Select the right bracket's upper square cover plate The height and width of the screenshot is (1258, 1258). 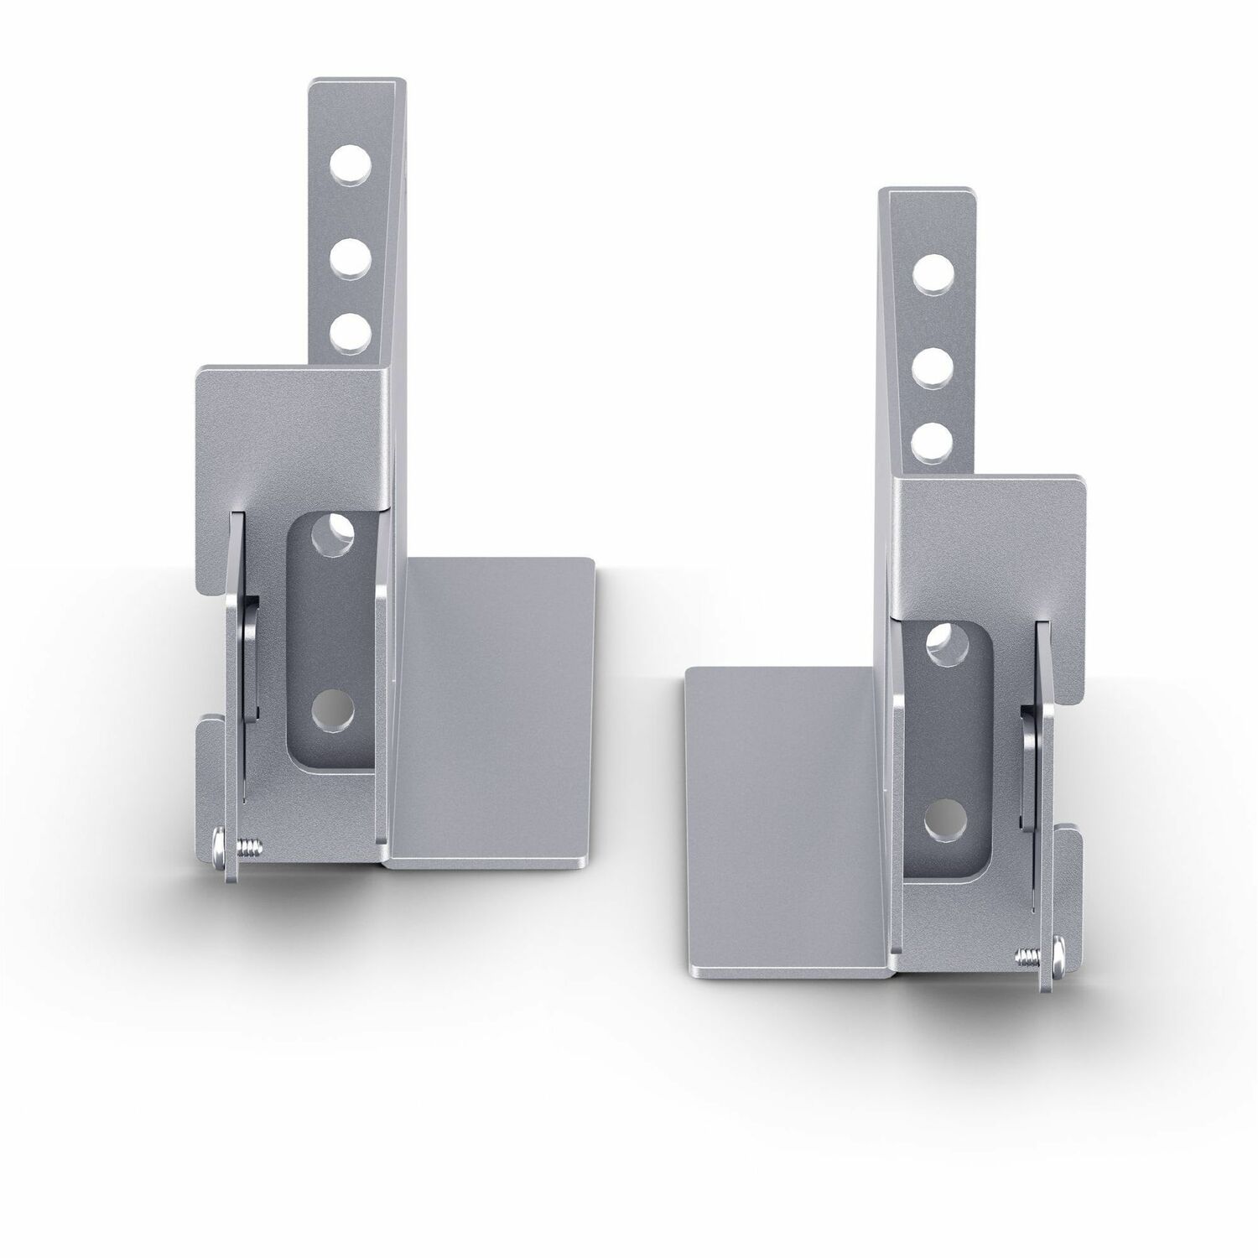coord(990,537)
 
